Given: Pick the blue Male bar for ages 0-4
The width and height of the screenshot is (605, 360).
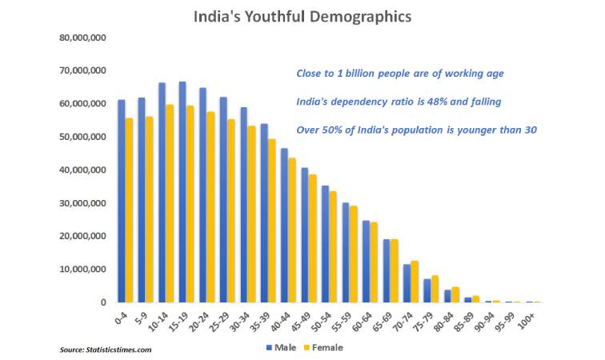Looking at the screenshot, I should (x=121, y=201).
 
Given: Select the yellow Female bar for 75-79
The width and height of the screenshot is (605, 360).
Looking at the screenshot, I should (x=435, y=289).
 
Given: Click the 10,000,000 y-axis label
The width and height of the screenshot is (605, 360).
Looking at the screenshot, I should (x=84, y=270).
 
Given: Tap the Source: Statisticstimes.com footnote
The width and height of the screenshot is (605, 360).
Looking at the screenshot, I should (x=106, y=350).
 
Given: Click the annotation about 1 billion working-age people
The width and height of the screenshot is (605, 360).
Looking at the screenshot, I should (x=399, y=74).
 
